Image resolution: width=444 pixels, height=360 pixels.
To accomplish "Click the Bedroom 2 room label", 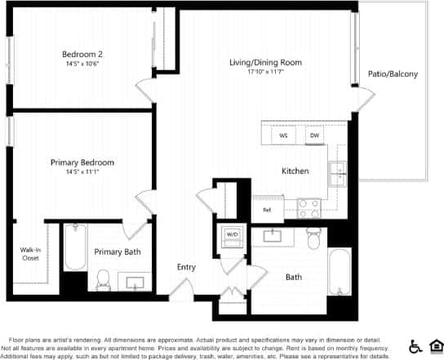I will pyautogui.click(x=82, y=55).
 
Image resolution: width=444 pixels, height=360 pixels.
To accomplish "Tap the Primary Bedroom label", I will pyautogui.click(x=82, y=162).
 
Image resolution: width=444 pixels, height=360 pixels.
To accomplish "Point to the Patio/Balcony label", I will pyautogui.click(x=393, y=74).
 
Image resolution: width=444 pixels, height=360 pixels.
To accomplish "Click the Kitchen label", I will pyautogui.click(x=295, y=171).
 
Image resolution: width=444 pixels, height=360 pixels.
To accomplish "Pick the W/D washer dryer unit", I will pyautogui.click(x=232, y=235).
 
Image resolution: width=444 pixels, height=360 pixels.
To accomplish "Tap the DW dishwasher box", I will pyautogui.click(x=314, y=136).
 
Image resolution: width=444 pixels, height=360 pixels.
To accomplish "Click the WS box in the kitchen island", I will pyautogui.click(x=283, y=136).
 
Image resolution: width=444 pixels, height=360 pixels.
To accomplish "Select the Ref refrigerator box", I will pyautogui.click(x=266, y=210).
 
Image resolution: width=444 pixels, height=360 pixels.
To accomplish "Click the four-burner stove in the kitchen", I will pyautogui.click(x=309, y=209).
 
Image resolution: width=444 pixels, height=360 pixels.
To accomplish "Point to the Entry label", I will pyautogui.click(x=187, y=267).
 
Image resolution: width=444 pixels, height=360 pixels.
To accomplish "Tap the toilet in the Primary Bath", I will pyautogui.click(x=103, y=281).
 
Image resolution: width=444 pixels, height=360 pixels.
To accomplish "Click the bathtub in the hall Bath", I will pyautogui.click(x=337, y=274).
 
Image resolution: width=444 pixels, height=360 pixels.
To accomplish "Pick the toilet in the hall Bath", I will pyautogui.click(x=313, y=238).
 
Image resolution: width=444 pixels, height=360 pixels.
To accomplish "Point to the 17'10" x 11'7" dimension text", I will pyautogui.click(x=265, y=72).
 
